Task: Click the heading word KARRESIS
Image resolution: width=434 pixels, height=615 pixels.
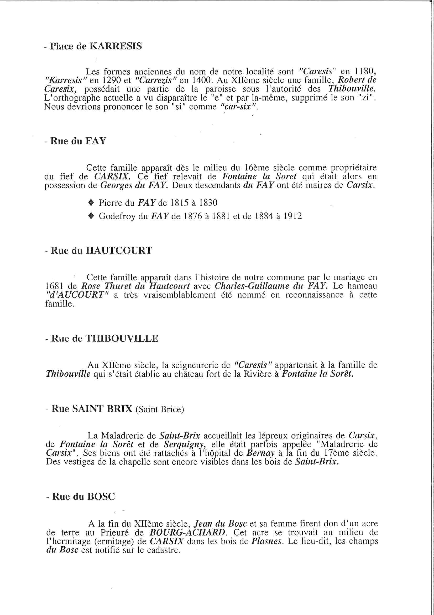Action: point(116,46)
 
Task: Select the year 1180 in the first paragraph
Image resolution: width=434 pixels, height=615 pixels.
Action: point(365,72)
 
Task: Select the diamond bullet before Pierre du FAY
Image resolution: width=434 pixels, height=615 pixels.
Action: point(91,203)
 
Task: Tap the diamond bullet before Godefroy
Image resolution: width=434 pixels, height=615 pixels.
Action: point(91,216)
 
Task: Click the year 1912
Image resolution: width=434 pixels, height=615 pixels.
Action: point(292,216)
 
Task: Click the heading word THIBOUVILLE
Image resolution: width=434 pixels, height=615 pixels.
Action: point(122,339)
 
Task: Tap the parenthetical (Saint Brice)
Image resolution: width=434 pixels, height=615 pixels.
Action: point(160,409)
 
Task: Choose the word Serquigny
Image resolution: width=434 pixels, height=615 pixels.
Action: point(185,444)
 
